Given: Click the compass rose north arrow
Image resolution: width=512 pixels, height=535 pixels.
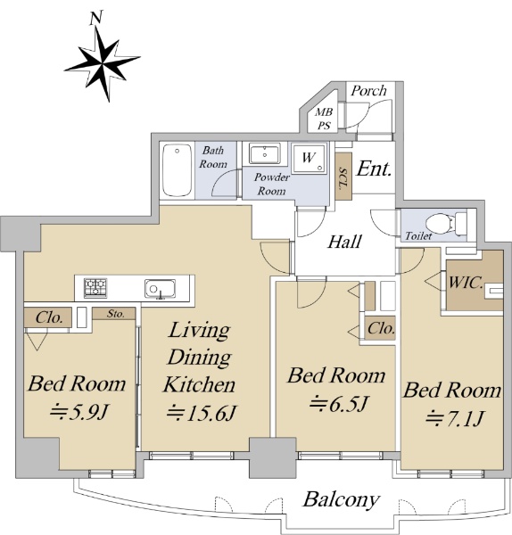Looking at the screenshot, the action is point(102,63).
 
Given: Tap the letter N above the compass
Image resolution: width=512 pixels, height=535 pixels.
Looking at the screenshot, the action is point(96,18).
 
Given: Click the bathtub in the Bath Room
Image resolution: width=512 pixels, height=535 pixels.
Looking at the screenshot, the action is point(177,170).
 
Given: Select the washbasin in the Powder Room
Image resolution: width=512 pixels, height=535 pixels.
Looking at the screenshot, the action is point(265,153).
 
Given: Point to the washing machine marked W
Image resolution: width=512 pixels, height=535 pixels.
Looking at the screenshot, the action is point(310,158).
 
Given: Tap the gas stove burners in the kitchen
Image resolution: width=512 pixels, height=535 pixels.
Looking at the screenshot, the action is point(96,286).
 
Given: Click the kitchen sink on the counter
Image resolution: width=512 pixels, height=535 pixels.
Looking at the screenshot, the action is point(160,289).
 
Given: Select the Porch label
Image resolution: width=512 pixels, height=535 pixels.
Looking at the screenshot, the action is point(368,91).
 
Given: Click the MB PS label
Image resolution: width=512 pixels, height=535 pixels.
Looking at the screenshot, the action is point(324,119).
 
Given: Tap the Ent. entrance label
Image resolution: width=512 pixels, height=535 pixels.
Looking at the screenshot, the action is point(374,169).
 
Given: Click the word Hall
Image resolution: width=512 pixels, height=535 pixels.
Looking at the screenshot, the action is point(344,242).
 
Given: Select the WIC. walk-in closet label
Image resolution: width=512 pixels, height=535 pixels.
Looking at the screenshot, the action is point(466,283).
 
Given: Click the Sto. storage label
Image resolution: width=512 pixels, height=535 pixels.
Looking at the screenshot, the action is point(116,314).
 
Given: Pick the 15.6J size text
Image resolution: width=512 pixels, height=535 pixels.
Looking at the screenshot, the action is point(201,413).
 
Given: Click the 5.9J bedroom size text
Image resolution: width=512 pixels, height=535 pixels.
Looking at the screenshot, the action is point(78,412).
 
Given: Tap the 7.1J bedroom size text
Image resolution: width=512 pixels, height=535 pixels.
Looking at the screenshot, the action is point(455,418).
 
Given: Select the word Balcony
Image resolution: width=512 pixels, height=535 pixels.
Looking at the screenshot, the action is point(341,500).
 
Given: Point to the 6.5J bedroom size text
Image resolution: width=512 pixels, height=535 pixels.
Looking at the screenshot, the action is point(339,404).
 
